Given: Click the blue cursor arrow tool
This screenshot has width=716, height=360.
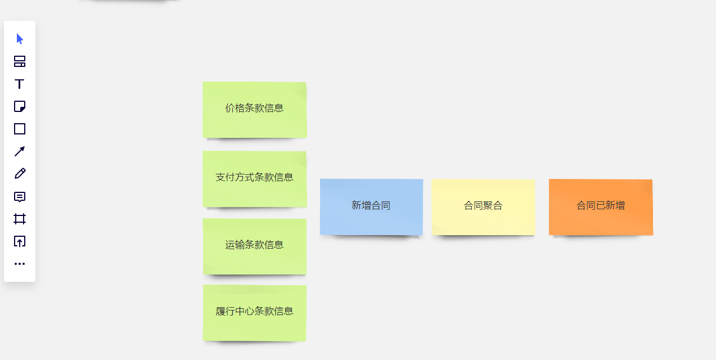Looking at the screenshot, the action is pyautogui.click(x=20, y=39).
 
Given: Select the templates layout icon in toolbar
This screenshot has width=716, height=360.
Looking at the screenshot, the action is pyautogui.click(x=20, y=61).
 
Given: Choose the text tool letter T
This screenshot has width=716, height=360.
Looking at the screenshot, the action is pyautogui.click(x=20, y=84).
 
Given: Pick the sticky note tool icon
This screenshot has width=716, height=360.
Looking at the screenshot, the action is pyautogui.click(x=20, y=106).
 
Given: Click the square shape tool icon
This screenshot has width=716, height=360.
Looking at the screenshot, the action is pyautogui.click(x=20, y=129).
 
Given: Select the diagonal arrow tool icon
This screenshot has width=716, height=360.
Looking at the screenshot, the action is pyautogui.click(x=20, y=151).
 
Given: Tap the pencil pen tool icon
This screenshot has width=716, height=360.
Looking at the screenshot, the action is pyautogui.click(x=20, y=174).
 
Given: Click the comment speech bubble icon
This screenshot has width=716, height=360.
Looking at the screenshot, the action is pyautogui.click(x=20, y=197).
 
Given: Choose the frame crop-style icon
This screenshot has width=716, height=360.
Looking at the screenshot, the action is pyautogui.click(x=20, y=219).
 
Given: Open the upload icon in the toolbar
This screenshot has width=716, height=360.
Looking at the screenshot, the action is pyautogui.click(x=20, y=241).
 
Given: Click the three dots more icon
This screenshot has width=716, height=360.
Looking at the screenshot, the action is pyautogui.click(x=20, y=264).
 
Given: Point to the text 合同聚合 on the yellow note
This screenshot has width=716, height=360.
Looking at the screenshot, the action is pyautogui.click(x=483, y=206).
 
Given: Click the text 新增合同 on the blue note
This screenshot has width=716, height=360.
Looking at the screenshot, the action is pyautogui.click(x=371, y=206).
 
